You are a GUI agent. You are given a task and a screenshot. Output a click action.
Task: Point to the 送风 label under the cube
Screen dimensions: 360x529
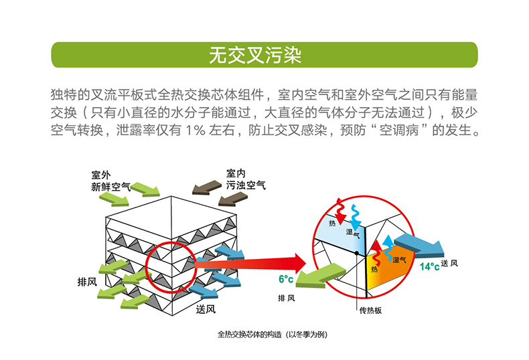206,309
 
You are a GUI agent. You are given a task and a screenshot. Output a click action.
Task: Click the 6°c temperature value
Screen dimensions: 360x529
287,278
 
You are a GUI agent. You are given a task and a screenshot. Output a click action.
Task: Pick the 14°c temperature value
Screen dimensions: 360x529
429,266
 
